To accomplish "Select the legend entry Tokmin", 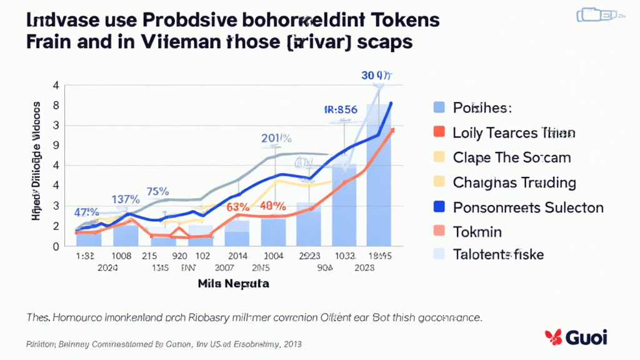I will tap(477, 231).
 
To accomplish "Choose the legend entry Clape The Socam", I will tap(511, 157).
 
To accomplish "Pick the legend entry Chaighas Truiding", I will tap(514, 182).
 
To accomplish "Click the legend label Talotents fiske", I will tap(498, 254).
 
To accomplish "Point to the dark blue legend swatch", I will tap(439, 207).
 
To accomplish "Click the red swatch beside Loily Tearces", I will tap(439, 132).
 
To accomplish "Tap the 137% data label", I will tap(125, 199).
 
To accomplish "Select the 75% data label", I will tap(157, 192).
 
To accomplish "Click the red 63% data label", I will tap(239, 206).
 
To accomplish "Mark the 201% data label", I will tap(276, 138).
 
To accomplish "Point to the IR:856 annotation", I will tap(341, 109).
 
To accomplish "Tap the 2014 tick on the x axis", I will tap(237, 256).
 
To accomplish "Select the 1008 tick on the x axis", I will tap(121, 256).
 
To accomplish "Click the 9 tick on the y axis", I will tap(56, 145).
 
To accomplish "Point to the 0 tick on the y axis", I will tap(56, 246).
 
